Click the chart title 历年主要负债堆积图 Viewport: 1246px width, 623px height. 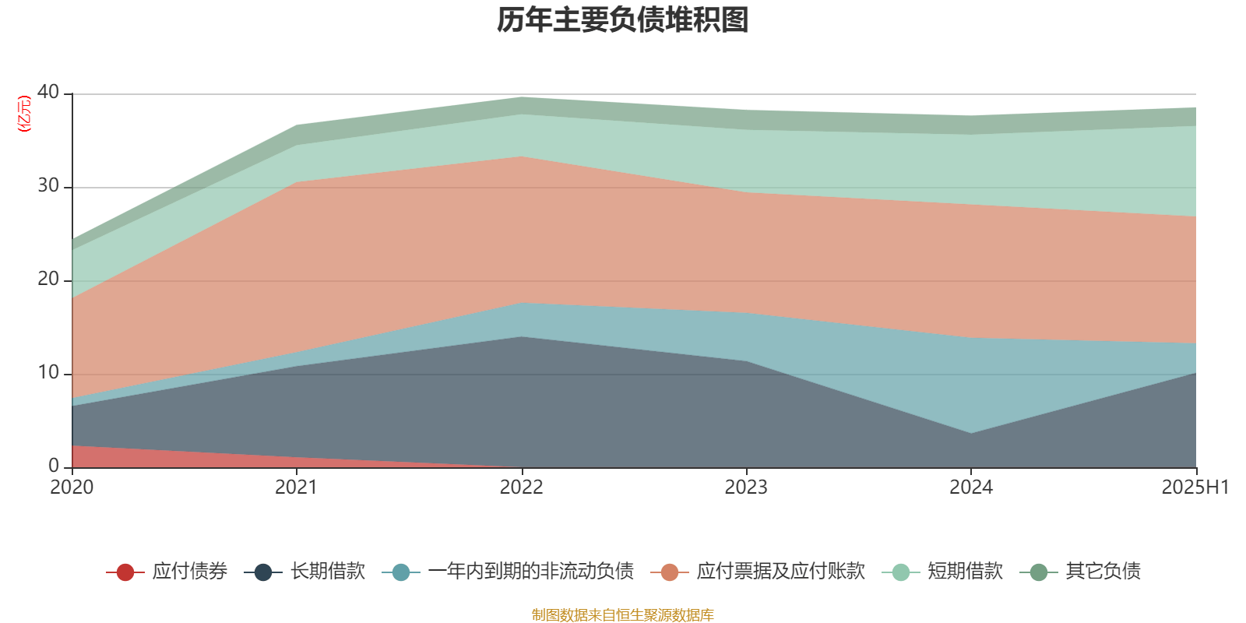[623, 20]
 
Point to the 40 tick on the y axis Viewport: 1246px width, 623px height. [48, 92]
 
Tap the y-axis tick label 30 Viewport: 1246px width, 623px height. [48, 185]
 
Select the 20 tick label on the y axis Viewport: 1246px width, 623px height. [48, 279]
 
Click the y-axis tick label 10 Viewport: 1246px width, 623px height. [48, 372]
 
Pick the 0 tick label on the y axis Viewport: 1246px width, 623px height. [54, 466]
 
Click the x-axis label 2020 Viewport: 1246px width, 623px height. [72, 487]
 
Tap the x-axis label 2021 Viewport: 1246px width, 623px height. [297, 487]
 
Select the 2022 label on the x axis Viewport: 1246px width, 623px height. [521, 487]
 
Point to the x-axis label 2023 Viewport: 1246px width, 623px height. [746, 487]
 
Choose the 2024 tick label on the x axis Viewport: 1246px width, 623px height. [971, 487]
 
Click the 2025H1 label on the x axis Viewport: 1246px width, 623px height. [1195, 487]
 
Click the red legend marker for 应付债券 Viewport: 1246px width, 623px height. [125, 572]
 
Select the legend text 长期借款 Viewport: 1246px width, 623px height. [328, 572]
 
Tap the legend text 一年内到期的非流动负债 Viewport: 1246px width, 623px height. [530, 572]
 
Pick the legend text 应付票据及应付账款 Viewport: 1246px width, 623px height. [780, 572]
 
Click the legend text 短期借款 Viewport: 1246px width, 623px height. [965, 572]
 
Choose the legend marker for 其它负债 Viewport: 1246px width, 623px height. [1039, 572]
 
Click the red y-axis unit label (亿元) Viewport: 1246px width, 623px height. [24, 114]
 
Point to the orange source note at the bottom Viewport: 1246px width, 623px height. [622, 615]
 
